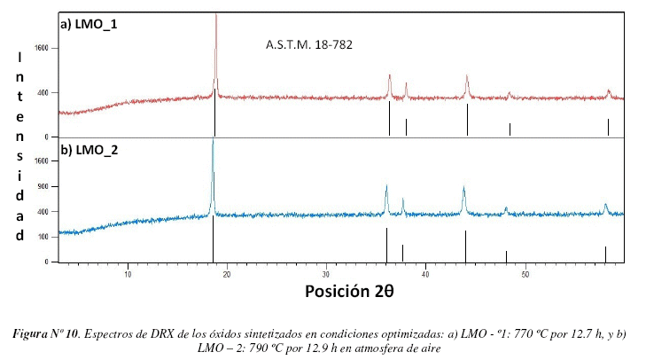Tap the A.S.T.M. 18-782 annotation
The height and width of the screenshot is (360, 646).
tap(310, 43)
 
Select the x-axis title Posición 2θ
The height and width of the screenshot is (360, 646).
tap(349, 291)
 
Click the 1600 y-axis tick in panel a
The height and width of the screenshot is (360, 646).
tap(41, 50)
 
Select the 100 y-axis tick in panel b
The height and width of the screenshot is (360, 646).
tap(43, 237)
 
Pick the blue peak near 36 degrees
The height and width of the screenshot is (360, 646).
tap(386, 188)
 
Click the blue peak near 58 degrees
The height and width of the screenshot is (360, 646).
tap(605, 206)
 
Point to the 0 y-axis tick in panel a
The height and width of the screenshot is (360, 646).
tap(44, 137)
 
